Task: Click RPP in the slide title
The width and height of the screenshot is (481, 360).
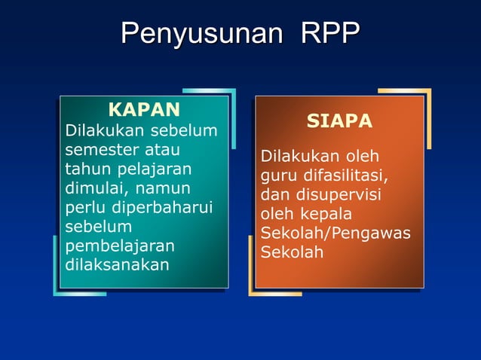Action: pos(329,34)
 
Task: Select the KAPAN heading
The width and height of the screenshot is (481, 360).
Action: pos(144,110)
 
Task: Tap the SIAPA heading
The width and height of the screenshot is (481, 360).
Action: pos(339,122)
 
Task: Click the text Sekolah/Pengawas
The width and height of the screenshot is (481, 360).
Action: pos(335,233)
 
